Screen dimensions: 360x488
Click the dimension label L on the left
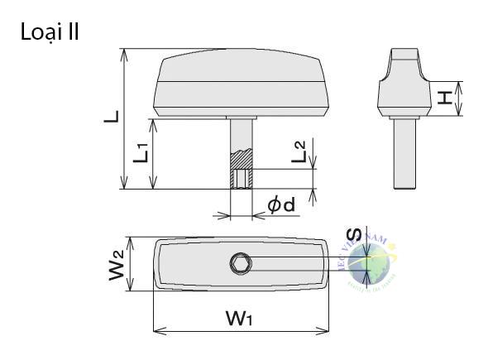coord(110,117)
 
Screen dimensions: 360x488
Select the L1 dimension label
coord(141,152)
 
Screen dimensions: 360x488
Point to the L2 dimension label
coord(300,151)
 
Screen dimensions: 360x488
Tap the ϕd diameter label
coord(281,205)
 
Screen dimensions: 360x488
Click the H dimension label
coord(446,98)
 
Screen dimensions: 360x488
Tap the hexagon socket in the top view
coord(242,264)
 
